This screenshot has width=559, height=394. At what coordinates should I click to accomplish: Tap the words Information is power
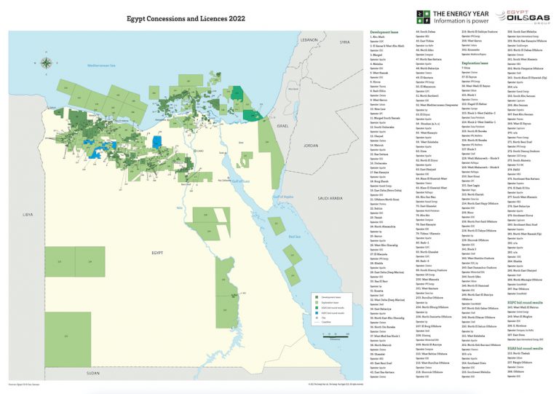tap(461, 22)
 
